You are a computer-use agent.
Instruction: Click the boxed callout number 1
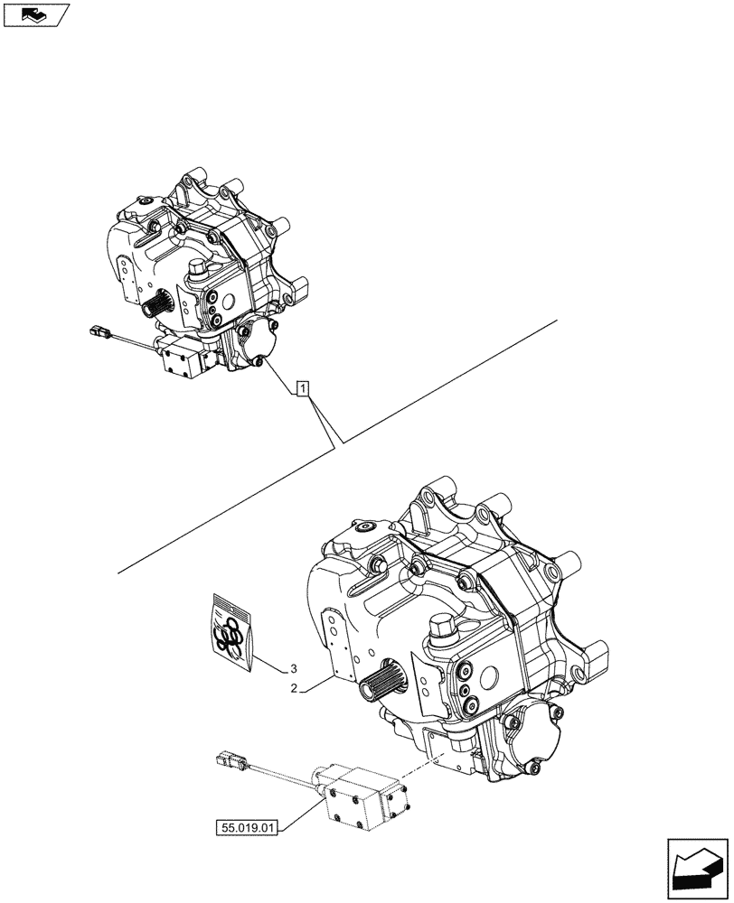point(304,390)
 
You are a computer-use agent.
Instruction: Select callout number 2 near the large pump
point(294,690)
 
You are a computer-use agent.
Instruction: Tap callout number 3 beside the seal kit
point(294,669)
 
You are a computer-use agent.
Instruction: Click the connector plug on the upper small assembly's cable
point(99,332)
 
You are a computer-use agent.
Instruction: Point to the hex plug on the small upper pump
point(198,268)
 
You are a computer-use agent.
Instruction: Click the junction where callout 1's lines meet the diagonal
point(338,443)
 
